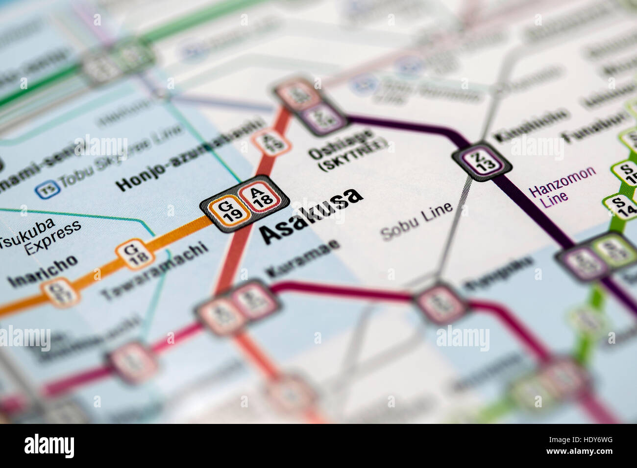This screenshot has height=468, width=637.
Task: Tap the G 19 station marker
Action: tap(227, 210)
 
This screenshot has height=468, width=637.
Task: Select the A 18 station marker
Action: tap(261, 198)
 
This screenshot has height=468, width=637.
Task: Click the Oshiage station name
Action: tap(341, 143)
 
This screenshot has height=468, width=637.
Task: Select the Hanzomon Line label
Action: tap(562, 186)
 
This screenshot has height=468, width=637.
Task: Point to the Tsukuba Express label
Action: tap(42, 237)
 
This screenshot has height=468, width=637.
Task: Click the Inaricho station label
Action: tap(43, 272)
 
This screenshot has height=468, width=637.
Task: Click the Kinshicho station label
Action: tap(532, 125)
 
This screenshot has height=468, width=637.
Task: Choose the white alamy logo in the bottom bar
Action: tap(49, 446)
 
